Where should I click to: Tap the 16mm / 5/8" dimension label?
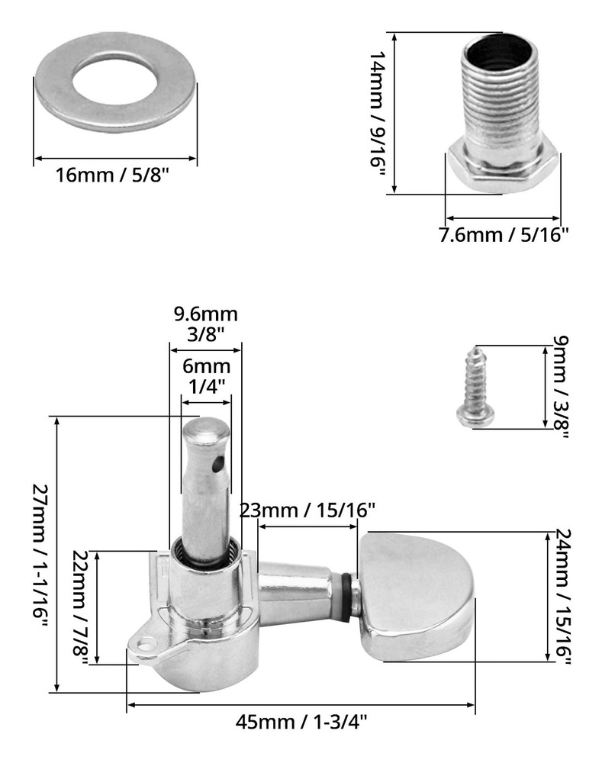pyautogui.click(x=111, y=175)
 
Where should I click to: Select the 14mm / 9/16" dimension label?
pyautogui.click(x=378, y=115)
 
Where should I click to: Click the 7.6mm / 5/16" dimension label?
pyautogui.click(x=504, y=235)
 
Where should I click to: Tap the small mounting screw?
pyautogui.click(x=475, y=388)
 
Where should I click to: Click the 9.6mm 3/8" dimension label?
pyautogui.click(x=206, y=324)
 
